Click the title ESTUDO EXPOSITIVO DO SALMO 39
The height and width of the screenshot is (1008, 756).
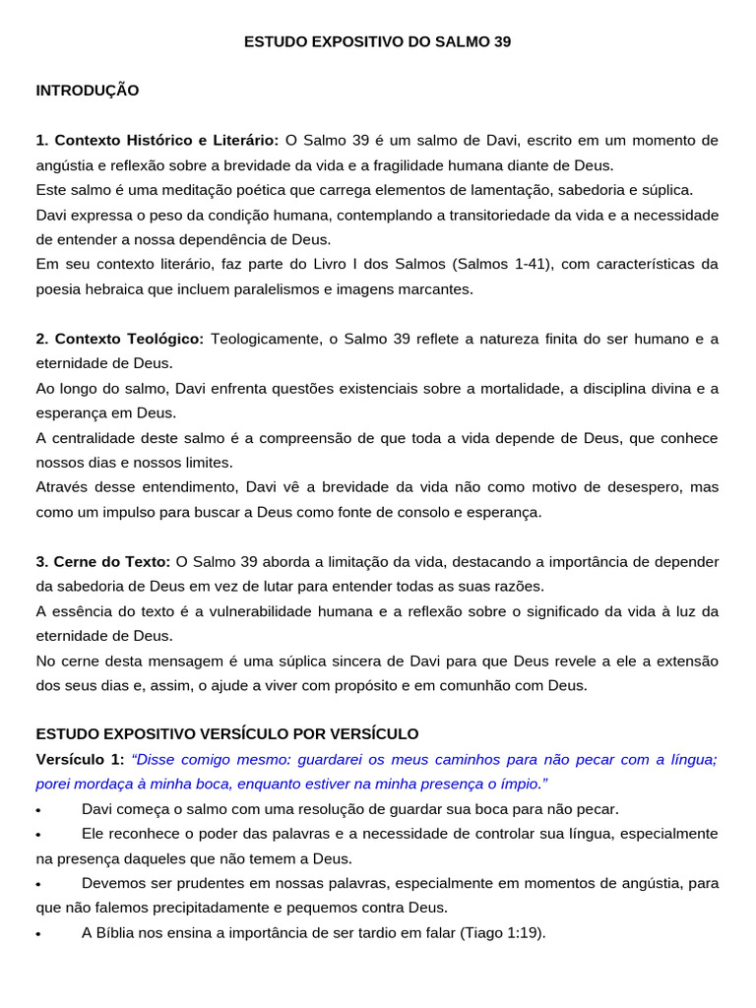pyautogui.click(x=378, y=42)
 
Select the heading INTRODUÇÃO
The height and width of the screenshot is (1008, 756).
pyautogui.click(x=88, y=91)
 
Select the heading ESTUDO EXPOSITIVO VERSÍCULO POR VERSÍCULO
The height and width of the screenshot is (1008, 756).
pyautogui.click(x=227, y=734)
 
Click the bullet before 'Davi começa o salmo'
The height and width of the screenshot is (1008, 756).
pyautogui.click(x=37, y=810)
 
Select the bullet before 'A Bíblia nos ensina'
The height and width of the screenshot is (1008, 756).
pyautogui.click(x=37, y=934)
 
